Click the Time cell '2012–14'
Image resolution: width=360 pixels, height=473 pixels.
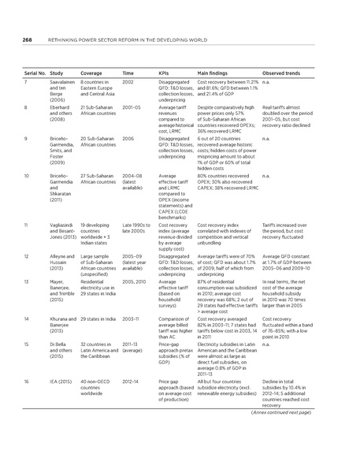tap(132, 382)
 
